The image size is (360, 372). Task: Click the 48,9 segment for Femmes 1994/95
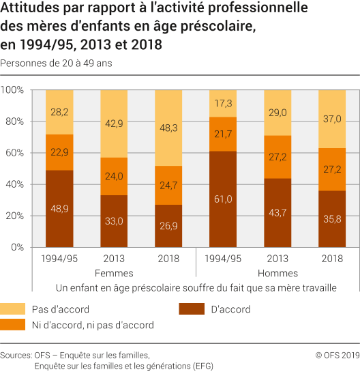[x=59, y=208]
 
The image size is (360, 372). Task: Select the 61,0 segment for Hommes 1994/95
[x=223, y=199]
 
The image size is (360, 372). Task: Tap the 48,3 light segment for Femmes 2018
[x=168, y=128]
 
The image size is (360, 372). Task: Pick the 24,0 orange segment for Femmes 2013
[x=114, y=176]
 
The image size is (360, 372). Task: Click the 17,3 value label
[x=223, y=103]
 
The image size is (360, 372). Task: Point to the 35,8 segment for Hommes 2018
[x=332, y=218]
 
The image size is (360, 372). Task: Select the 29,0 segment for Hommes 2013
[x=277, y=112]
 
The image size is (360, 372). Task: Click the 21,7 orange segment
[x=223, y=134]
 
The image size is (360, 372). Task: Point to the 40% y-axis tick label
[x=15, y=184]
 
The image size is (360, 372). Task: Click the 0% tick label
[x=17, y=247]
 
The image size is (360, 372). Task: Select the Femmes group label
[x=114, y=273]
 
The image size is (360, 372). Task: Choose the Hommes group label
[x=277, y=273]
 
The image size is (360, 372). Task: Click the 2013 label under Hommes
[x=277, y=259]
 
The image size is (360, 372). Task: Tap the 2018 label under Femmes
[x=168, y=259]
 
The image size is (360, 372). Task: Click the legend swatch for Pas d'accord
[x=24, y=309]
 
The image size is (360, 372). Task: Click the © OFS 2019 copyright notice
[x=337, y=355]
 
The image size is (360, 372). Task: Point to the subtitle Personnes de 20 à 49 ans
[x=56, y=63]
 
